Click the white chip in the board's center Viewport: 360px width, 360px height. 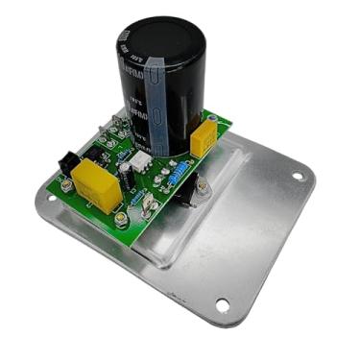(142, 164)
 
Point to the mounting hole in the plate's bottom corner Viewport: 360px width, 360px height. (223, 306)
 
